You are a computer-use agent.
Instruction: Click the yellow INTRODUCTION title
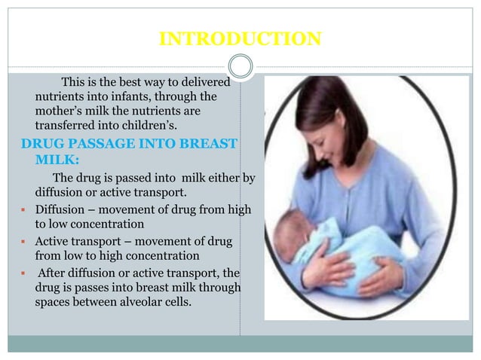coord(240,38)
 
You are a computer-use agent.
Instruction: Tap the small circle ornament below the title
coord(240,66)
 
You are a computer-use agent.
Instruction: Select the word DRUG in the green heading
coord(39,144)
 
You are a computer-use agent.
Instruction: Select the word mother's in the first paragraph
coord(57,111)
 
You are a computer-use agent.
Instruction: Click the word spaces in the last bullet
coord(55,303)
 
